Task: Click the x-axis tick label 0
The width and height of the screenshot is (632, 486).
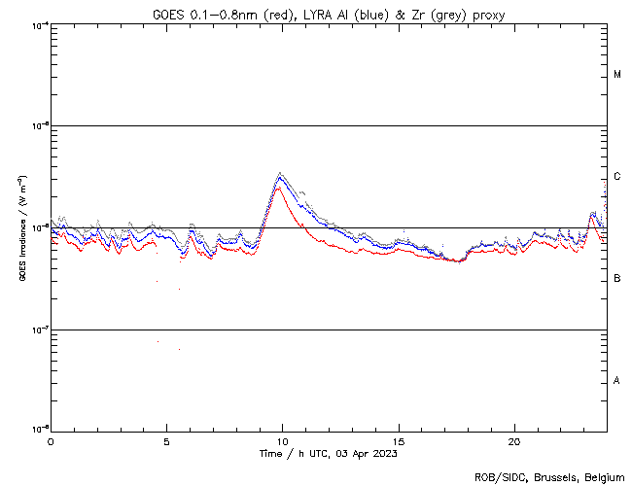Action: point(51,440)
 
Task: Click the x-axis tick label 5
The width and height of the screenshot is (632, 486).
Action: point(166,440)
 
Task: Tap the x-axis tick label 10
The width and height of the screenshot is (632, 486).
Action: point(282,440)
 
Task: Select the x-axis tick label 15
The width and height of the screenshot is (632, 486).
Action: point(399,440)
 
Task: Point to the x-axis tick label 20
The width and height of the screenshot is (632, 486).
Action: point(514,440)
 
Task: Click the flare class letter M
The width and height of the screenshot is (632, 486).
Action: point(617,75)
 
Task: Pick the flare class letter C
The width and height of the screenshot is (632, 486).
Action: point(617,177)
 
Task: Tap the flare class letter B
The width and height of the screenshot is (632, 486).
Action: point(617,279)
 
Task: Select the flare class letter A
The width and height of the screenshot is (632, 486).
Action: point(617,381)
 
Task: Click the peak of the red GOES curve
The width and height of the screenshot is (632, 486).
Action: point(278,189)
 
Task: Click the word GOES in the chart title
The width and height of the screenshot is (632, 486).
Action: point(168,14)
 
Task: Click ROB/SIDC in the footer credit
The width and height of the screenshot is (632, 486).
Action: point(497,477)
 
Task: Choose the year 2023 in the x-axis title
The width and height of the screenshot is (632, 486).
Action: point(383,453)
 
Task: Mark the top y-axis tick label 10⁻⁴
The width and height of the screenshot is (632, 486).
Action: point(39,24)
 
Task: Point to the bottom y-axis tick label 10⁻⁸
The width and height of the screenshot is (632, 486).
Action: point(39,429)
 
